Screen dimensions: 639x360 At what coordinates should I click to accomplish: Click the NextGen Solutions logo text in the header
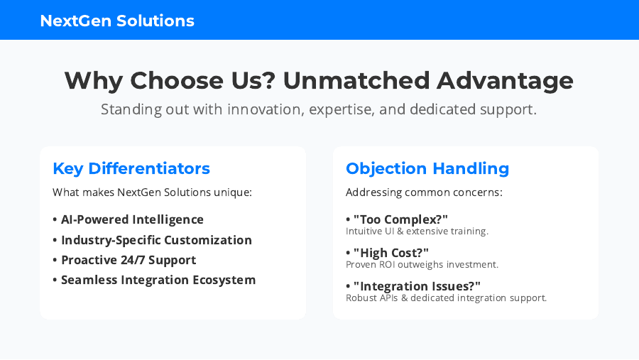click(117, 21)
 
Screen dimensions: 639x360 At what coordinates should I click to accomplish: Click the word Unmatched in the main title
click(356, 80)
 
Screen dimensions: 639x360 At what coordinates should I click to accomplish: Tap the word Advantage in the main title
click(505, 81)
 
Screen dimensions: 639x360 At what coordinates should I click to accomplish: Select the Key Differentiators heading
click(131, 168)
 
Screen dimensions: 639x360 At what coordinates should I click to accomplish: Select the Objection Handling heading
click(427, 168)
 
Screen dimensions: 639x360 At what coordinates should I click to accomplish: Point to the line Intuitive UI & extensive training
click(417, 231)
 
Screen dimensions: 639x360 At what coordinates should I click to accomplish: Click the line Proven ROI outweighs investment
click(422, 265)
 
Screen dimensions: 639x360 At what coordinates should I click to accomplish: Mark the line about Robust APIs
click(447, 298)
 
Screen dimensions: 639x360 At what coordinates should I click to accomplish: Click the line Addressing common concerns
click(424, 192)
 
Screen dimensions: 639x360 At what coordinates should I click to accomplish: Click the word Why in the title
click(94, 81)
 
